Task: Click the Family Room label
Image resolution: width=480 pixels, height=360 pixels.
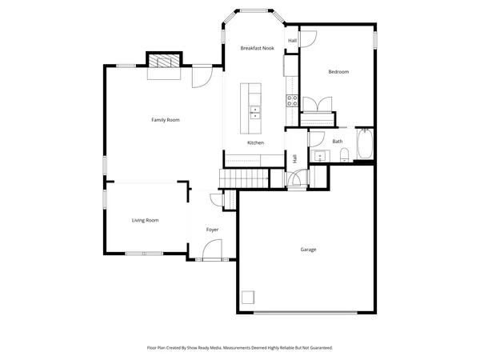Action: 166,120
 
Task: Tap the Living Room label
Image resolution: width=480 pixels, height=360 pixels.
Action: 145,220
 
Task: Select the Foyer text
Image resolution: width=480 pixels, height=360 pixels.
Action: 212,230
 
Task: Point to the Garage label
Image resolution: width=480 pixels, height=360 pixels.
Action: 308,250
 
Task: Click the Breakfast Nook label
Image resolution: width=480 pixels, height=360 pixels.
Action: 258,49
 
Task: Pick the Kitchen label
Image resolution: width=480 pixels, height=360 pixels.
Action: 255,142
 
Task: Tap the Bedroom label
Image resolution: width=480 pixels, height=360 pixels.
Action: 338,72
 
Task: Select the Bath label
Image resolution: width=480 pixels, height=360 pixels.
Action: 338,142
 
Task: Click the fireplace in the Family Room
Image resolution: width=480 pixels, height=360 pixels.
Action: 164,64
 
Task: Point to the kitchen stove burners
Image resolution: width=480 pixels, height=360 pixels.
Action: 293,100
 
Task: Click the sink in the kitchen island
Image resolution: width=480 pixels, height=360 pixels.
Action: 255,111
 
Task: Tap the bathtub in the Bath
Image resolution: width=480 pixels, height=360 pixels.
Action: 365,144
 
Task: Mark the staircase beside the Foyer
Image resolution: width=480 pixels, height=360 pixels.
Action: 243,177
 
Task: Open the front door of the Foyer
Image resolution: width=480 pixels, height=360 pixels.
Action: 212,253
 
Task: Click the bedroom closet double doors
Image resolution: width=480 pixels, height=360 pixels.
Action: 315,106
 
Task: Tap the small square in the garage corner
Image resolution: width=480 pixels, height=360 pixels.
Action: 249,298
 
